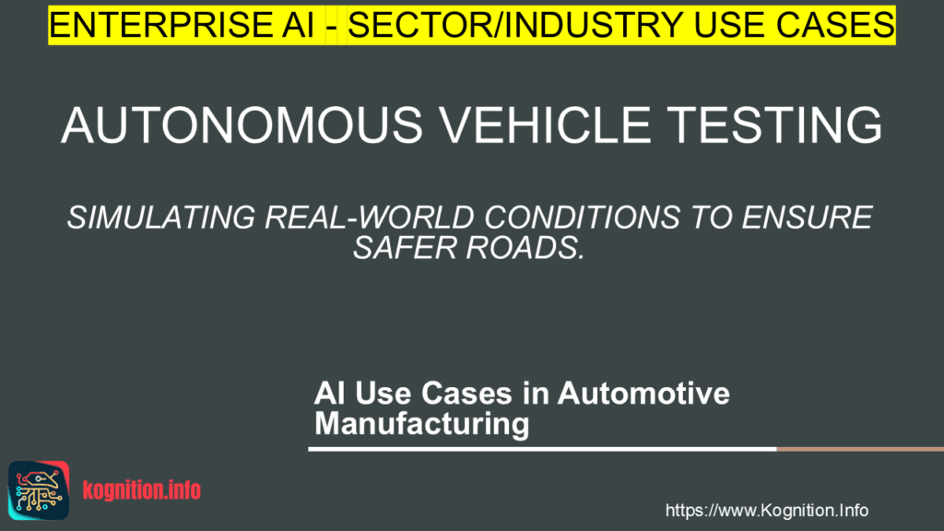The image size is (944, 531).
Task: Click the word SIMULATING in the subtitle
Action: click(159, 219)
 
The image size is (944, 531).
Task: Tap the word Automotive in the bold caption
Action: click(644, 395)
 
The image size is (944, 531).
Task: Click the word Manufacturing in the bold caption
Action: click(421, 424)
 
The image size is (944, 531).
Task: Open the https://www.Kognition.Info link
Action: click(767, 510)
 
